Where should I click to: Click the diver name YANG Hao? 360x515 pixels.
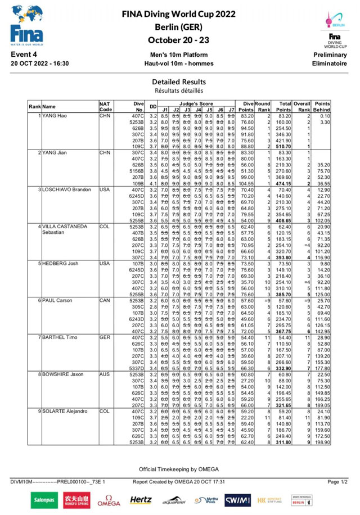pos(55,115)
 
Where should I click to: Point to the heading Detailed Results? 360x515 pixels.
pos(180,82)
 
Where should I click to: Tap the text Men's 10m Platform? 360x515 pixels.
pos(180,55)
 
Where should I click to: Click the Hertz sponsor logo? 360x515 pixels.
pos(141,499)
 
